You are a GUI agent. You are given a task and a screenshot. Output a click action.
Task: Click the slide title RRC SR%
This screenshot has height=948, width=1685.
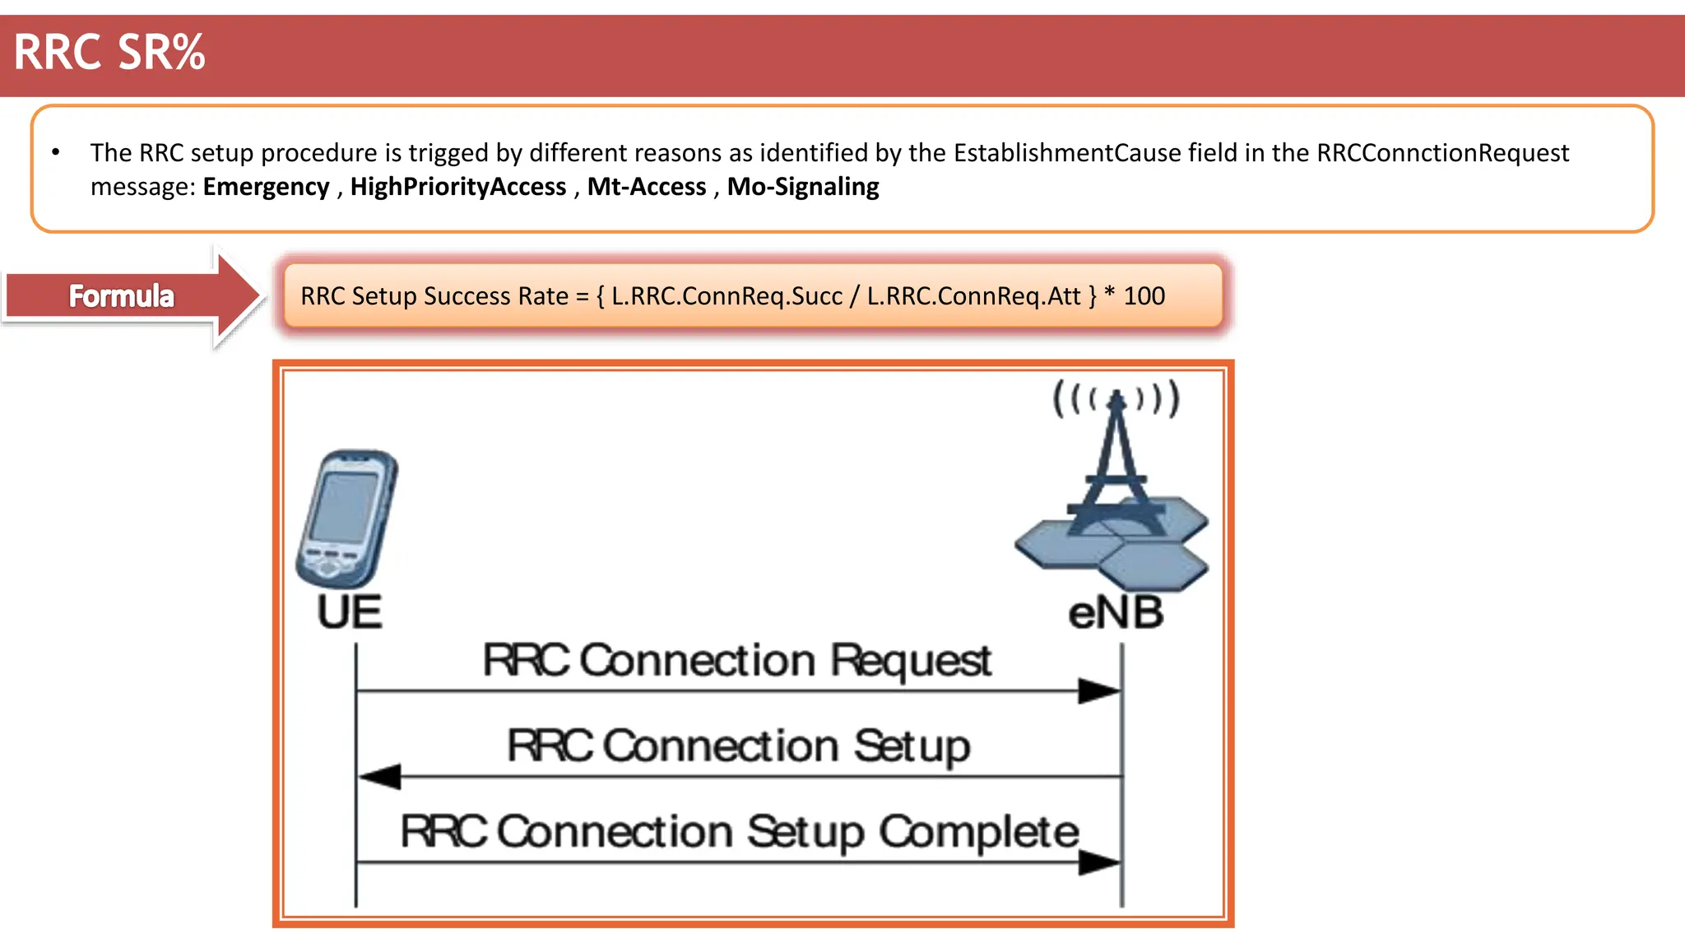tap(109, 53)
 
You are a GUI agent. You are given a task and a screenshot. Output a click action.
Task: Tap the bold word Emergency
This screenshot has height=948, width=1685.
tap(266, 187)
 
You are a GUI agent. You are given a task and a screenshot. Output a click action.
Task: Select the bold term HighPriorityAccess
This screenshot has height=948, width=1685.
tap(458, 187)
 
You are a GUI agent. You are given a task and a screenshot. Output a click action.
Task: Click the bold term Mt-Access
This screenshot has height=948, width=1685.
tap(647, 187)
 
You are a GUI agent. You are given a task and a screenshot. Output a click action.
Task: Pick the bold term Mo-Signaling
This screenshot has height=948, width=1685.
tap(803, 187)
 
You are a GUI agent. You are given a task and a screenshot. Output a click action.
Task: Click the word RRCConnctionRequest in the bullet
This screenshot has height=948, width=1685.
tap(1442, 153)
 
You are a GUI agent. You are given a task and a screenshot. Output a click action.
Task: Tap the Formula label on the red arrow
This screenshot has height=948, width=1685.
tap(121, 296)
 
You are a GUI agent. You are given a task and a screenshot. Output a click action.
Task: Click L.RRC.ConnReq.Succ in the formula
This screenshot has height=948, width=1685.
tap(727, 296)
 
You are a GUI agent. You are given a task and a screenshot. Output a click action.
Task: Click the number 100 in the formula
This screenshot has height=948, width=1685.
tap(1144, 296)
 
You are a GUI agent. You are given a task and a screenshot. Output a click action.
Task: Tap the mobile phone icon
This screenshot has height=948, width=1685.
tap(347, 518)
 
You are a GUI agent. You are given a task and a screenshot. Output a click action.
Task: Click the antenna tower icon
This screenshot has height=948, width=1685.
tap(1115, 486)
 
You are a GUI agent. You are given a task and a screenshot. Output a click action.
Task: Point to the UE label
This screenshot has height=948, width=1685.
tap(350, 613)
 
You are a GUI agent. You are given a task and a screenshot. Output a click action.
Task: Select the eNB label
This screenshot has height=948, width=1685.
tap(1116, 614)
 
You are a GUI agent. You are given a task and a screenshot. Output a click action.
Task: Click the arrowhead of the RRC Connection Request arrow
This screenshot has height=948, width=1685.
tap(1100, 691)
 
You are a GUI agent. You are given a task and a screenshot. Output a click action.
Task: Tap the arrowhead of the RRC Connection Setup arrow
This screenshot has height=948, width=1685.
tap(380, 776)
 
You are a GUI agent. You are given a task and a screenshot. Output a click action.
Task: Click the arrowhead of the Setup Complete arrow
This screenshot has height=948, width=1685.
tap(1100, 862)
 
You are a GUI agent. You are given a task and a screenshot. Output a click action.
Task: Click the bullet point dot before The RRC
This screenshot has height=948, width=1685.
tap(56, 152)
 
